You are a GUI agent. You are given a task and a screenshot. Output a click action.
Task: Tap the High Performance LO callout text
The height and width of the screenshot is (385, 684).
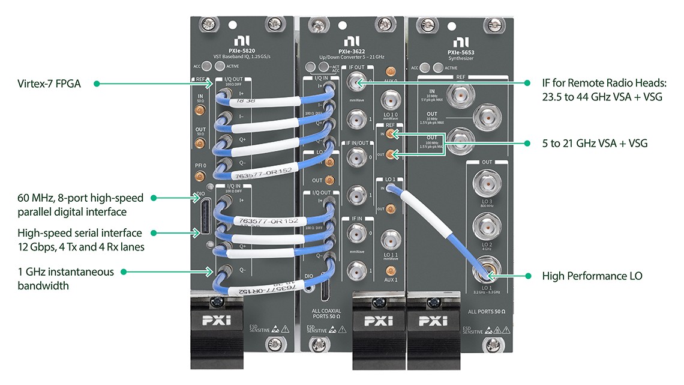tap(592, 276)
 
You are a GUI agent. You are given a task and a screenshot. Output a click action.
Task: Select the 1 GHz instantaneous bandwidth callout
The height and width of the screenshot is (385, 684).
tap(65, 279)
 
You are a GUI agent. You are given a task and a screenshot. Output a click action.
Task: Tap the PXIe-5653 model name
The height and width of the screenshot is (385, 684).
tap(461, 52)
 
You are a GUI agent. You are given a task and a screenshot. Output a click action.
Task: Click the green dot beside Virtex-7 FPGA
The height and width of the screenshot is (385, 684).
tap(96, 84)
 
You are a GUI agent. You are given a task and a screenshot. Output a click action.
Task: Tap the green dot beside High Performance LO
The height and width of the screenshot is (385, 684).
tap(528, 276)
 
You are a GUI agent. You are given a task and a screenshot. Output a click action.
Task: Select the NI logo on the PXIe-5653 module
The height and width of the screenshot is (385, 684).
tap(460, 41)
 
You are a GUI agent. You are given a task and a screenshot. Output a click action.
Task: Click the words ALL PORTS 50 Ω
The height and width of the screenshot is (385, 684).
tap(486, 312)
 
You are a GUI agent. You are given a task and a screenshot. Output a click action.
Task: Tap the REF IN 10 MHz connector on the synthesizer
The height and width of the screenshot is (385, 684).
tap(461, 94)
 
